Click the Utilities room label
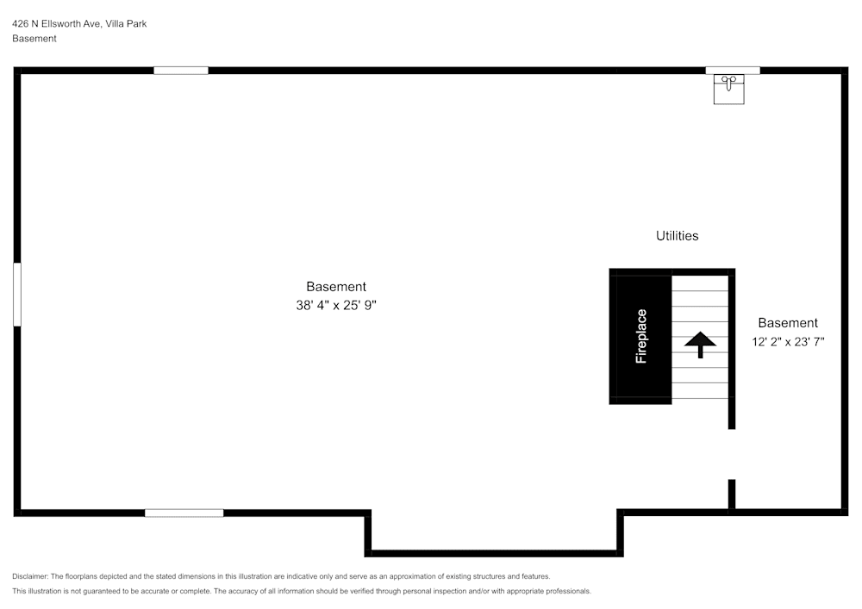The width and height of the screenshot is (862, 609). coord(677,235)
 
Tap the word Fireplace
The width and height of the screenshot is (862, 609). coord(641,336)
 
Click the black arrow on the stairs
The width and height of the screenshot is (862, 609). coord(701,344)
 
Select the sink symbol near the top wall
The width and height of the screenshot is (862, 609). coord(728,89)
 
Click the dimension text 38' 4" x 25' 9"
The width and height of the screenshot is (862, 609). coord(336,304)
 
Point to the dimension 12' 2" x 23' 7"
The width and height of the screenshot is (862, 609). coord(788,341)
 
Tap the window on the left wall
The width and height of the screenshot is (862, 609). coord(16,295)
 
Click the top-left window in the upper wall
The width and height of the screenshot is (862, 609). coord(181,71)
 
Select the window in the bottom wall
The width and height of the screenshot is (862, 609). coord(184,513)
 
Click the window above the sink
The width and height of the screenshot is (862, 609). coord(733,71)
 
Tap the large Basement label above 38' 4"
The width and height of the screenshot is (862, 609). coord(336,286)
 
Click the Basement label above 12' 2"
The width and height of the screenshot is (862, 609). coord(788,323)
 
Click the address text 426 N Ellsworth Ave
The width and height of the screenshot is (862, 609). coord(57,23)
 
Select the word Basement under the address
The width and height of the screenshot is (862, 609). coord(34,38)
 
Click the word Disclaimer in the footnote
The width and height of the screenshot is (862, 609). coord(30,576)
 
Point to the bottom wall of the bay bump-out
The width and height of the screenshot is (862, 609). coord(494,553)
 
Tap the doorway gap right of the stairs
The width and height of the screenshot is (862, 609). coord(732,454)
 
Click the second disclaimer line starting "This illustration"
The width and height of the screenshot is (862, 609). coord(302,591)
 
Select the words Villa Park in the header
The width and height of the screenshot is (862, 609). coord(126,23)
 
